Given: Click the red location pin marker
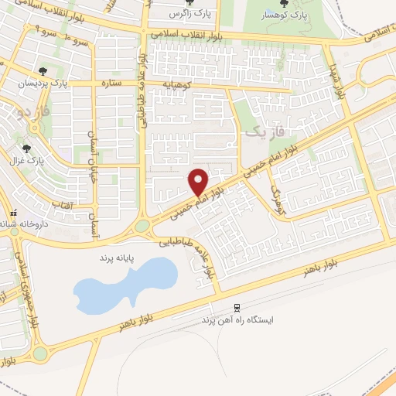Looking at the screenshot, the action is pyautogui.click(x=199, y=182).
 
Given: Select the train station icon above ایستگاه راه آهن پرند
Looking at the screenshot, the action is pyautogui.click(x=237, y=306).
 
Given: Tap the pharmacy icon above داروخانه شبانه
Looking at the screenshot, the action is pyautogui.click(x=11, y=213).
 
